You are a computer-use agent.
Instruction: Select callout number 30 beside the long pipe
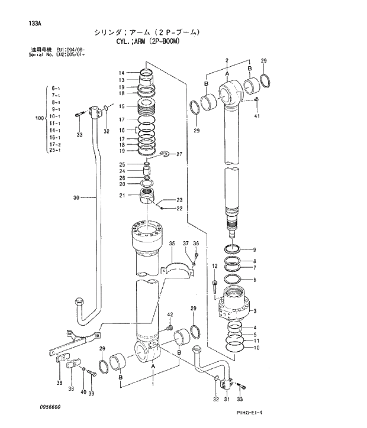(76, 197)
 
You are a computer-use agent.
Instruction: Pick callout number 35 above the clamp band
(172, 244)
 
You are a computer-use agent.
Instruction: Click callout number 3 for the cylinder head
(255, 311)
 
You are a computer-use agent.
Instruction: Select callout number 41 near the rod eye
(256, 116)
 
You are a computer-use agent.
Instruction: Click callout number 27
(179, 154)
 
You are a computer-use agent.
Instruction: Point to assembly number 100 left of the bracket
(40, 119)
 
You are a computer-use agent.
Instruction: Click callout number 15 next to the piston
(121, 106)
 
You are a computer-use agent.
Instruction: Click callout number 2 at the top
(227, 61)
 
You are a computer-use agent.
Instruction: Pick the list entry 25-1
(56, 150)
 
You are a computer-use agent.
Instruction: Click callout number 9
(255, 249)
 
